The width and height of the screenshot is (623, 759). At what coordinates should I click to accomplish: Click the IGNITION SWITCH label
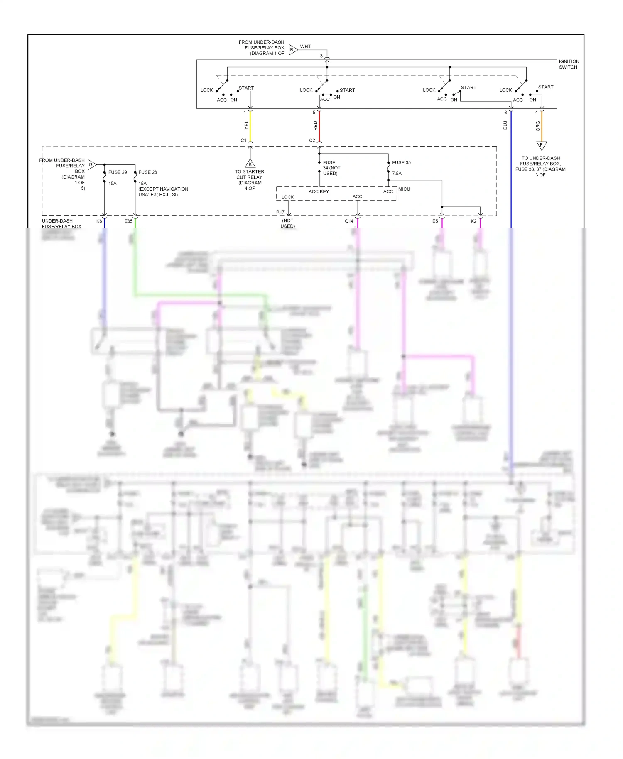[569, 64]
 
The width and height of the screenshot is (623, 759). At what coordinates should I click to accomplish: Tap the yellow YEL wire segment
[250, 126]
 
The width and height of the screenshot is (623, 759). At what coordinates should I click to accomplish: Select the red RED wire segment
[319, 126]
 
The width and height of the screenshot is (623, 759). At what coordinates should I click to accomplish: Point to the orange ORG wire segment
[542, 126]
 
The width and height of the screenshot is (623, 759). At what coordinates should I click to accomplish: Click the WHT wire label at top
[305, 47]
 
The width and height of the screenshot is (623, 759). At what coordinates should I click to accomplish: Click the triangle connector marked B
[293, 50]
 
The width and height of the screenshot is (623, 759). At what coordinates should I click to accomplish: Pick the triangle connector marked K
[250, 164]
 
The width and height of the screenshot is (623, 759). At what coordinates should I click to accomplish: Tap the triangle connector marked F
[541, 145]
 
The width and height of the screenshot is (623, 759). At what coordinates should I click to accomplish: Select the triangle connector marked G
[91, 165]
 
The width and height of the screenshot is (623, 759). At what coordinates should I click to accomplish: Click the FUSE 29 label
[118, 172]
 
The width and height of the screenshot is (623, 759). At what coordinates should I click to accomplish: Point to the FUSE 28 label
[147, 172]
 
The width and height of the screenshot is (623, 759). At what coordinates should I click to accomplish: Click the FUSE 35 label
[401, 162]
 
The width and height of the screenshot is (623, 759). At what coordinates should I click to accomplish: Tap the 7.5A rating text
[397, 174]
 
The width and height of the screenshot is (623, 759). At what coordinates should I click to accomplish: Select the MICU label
[404, 189]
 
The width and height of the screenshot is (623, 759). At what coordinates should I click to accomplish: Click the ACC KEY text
[319, 191]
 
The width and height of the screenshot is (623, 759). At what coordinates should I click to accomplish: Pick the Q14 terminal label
[349, 221]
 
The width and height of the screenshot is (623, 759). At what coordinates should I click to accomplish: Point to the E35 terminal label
[128, 221]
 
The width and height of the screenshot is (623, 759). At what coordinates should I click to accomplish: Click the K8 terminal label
[99, 221]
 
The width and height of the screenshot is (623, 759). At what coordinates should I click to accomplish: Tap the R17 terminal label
[280, 212]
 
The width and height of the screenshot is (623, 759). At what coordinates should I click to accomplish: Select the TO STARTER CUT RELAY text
[249, 174]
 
